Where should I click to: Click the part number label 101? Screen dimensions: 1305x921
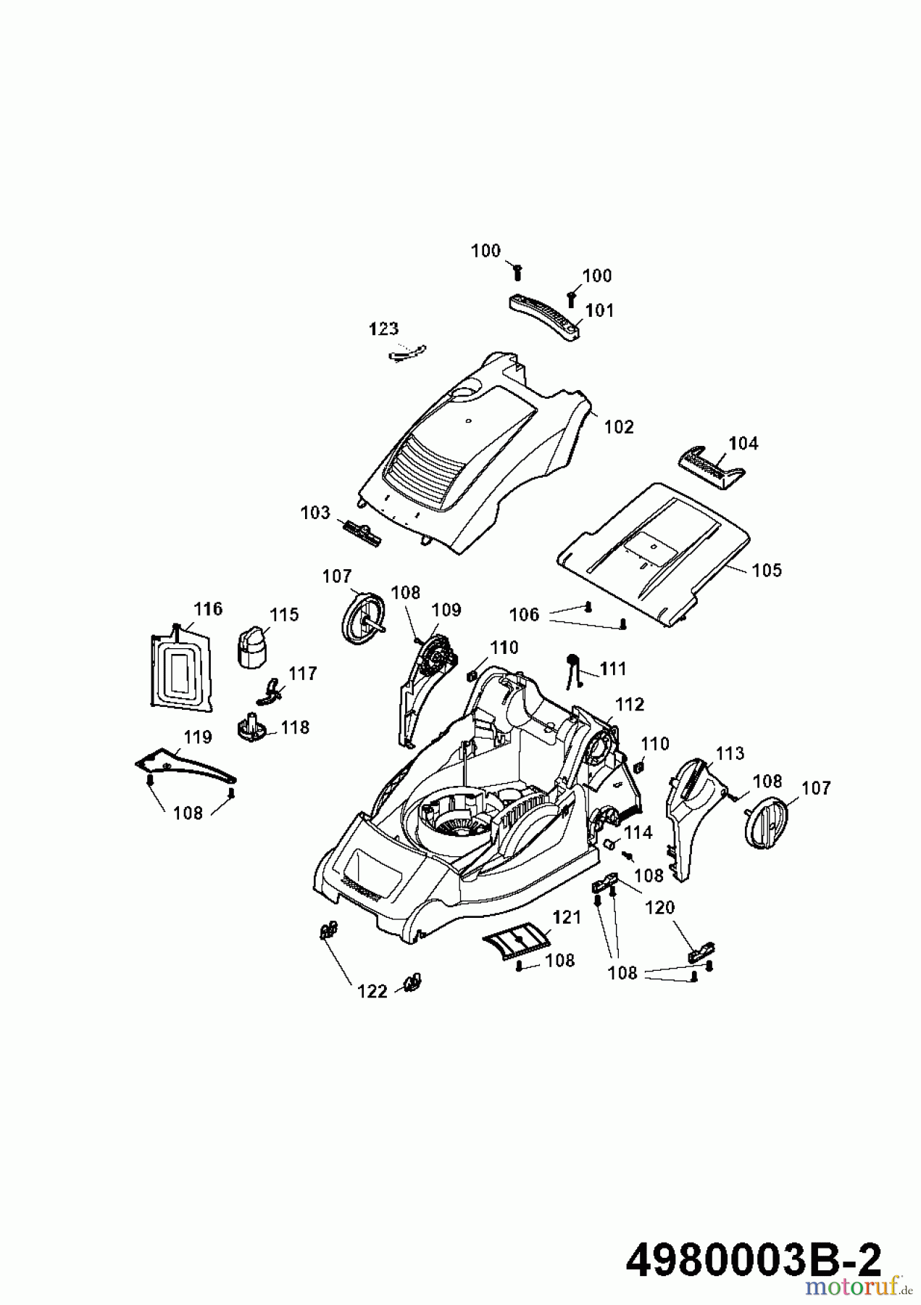point(599,310)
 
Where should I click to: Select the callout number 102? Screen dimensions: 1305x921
point(619,426)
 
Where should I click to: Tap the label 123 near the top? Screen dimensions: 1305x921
point(383,328)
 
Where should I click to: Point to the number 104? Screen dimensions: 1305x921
point(743,442)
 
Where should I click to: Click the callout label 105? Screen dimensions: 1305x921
point(767,570)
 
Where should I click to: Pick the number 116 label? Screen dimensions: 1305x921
point(208,608)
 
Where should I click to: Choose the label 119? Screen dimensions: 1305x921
point(197,737)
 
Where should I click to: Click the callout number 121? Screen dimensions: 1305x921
point(567,917)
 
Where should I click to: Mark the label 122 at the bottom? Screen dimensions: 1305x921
point(372,991)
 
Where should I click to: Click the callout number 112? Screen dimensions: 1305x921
point(629,704)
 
